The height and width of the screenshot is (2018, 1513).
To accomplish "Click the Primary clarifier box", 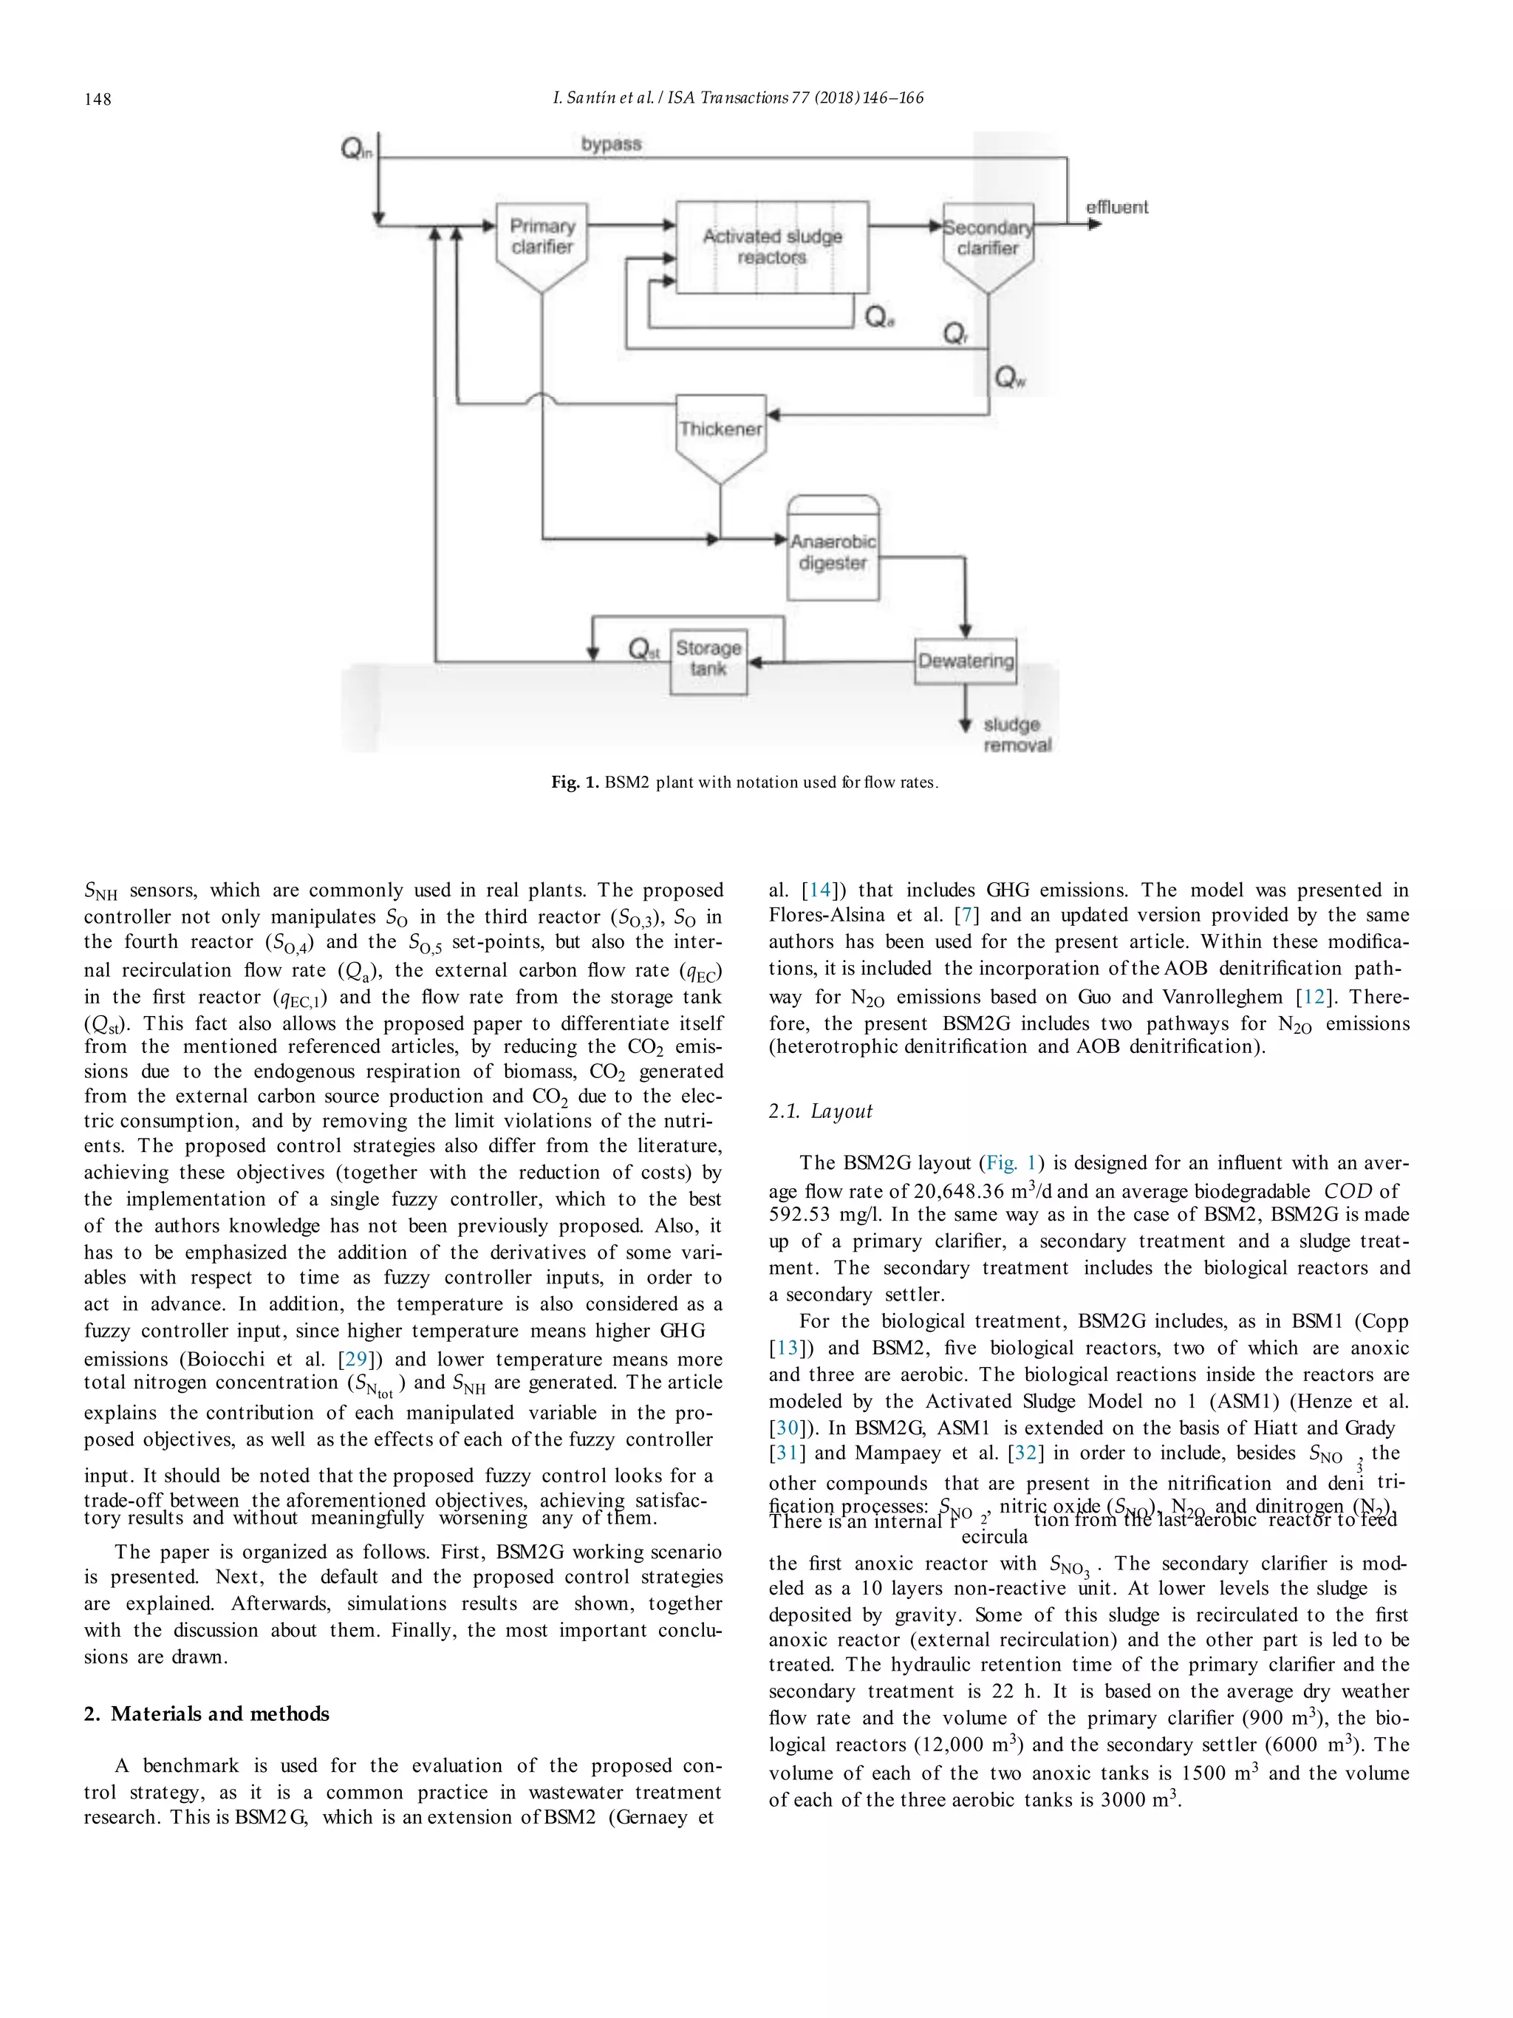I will [x=542, y=237].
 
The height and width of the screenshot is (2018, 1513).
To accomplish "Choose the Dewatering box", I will [x=966, y=661].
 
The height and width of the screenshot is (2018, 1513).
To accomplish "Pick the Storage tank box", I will [x=708, y=658].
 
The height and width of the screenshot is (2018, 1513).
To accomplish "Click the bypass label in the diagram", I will [x=611, y=144].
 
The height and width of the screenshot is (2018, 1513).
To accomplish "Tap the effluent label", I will [x=1116, y=208].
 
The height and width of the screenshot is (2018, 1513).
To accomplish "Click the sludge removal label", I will [x=1016, y=734].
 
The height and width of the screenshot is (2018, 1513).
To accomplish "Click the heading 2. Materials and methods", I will [x=206, y=1714].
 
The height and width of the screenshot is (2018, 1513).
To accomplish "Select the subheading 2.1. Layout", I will [x=820, y=1111].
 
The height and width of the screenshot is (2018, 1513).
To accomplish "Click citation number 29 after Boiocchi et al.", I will [x=353, y=1360].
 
